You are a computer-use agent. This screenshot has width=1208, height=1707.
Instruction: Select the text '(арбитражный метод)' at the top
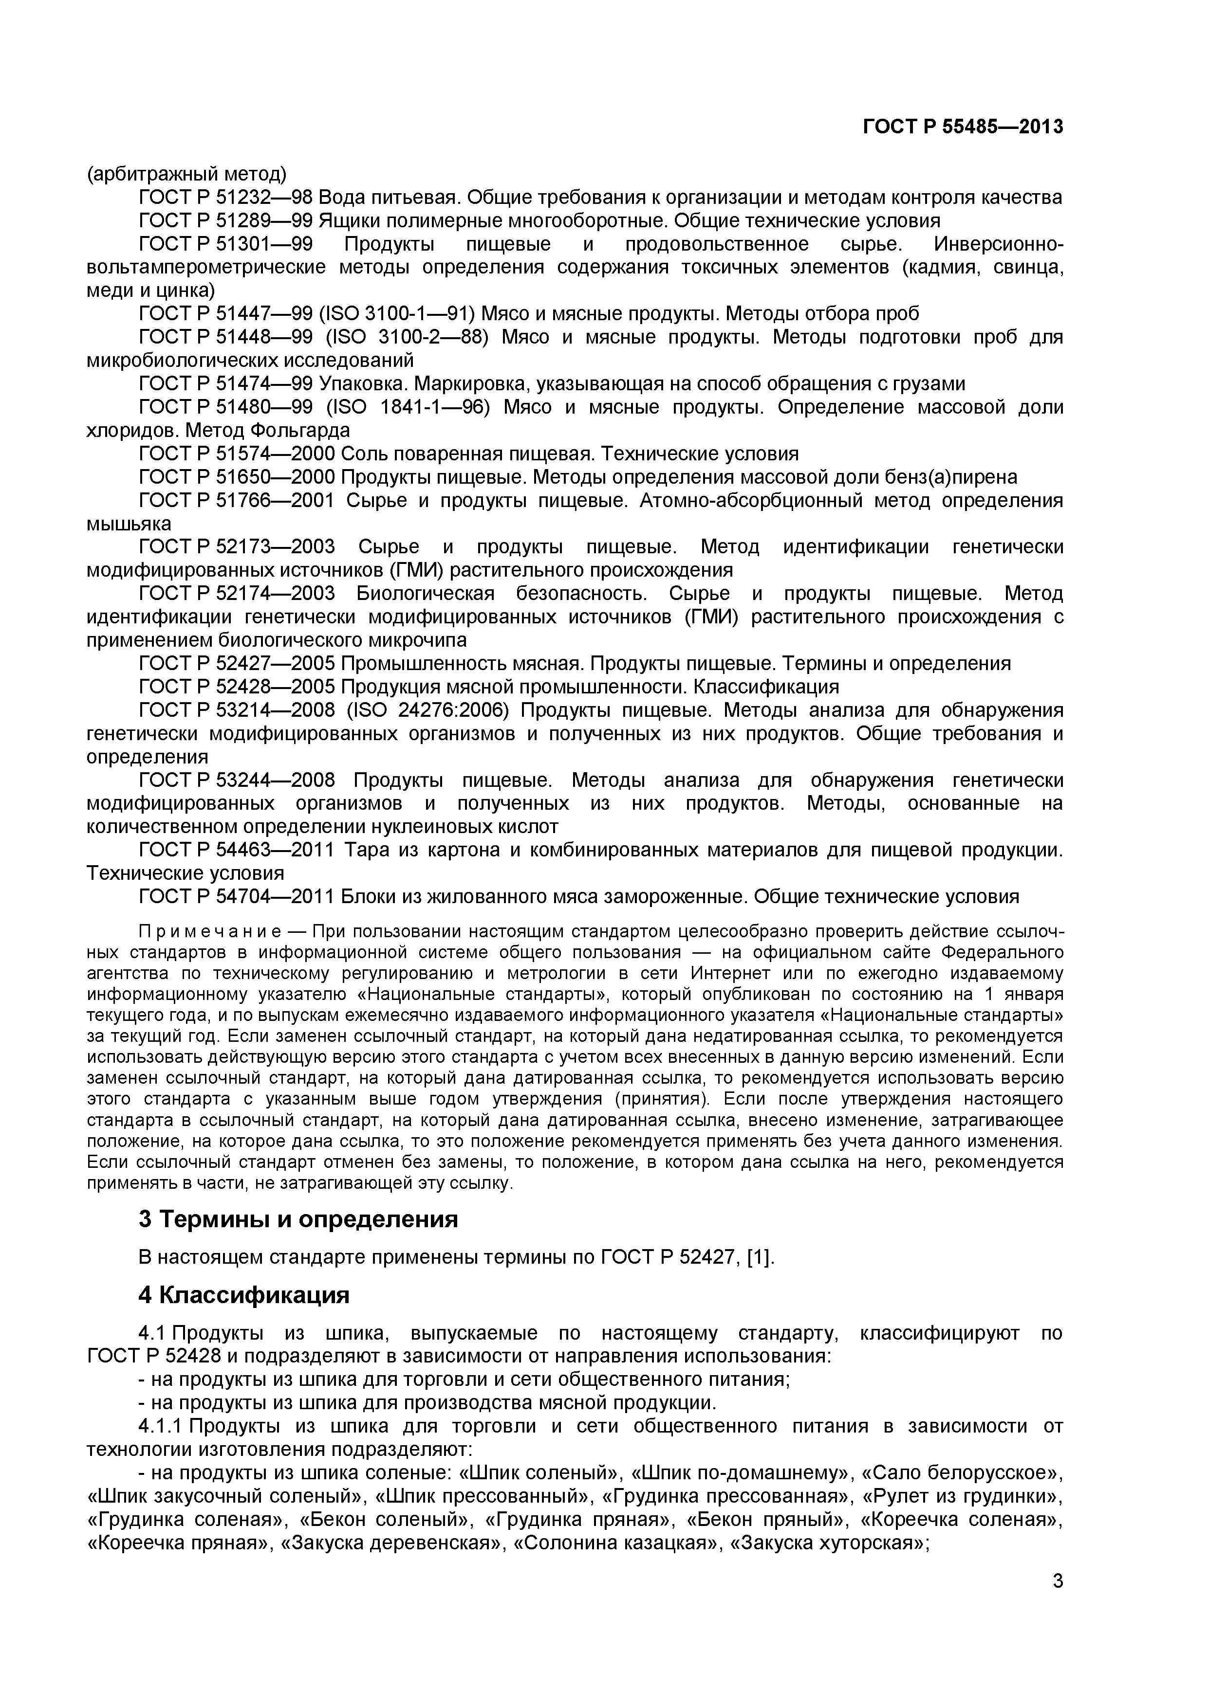tap(186, 175)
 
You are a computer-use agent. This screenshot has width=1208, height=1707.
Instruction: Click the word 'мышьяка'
tap(129, 524)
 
